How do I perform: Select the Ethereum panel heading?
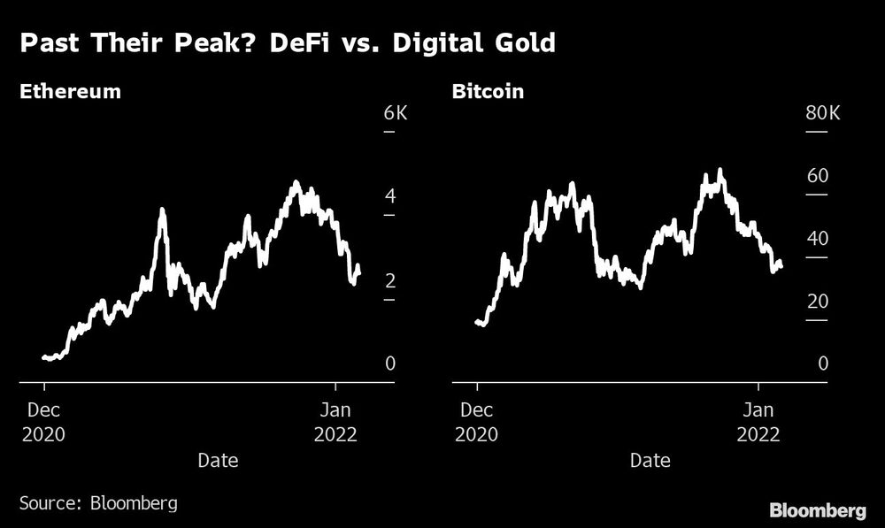point(71,92)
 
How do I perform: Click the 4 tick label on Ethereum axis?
point(389,197)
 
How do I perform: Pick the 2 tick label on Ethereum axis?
point(389,281)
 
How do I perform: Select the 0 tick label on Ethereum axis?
point(389,364)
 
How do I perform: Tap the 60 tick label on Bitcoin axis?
point(817,176)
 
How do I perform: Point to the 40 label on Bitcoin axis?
point(817,239)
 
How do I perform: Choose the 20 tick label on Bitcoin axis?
point(817,302)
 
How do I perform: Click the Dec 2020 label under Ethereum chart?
point(44,422)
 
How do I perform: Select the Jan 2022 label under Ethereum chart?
point(335,422)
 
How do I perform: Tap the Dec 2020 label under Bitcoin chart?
point(477,422)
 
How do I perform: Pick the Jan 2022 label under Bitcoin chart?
point(758,422)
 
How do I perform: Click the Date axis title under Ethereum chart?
point(218,461)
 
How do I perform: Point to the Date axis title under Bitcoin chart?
point(650,461)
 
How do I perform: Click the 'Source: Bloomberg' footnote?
point(98,503)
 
